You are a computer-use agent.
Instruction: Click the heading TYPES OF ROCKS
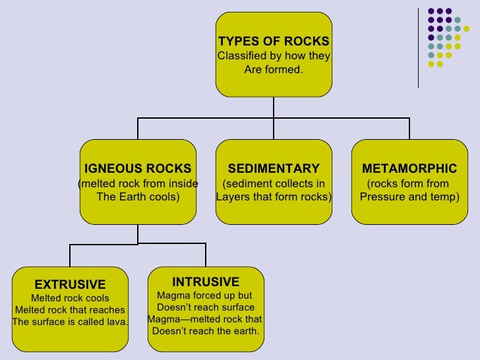coord(273,42)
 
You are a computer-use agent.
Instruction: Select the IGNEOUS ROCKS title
coord(137,168)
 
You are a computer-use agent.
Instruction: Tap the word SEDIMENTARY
coord(273,168)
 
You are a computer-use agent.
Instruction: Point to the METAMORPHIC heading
coord(409,168)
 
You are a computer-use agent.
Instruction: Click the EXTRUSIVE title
coord(70,285)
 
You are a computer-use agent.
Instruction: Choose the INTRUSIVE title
coord(205,282)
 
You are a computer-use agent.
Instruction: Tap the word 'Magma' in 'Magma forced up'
coord(171,295)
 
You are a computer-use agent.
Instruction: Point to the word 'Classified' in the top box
coord(242,55)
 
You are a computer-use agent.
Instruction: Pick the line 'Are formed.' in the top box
coord(273,69)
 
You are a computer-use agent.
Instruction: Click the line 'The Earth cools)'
coord(137,196)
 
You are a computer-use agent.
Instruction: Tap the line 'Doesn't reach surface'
coord(205,307)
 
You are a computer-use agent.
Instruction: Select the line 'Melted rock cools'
coord(70,298)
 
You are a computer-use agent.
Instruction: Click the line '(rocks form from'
coord(407,183)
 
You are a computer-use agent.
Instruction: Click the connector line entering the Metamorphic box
coord(409,129)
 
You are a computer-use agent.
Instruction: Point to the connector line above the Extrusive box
coord(70,255)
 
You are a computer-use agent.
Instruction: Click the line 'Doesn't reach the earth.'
coord(205,331)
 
